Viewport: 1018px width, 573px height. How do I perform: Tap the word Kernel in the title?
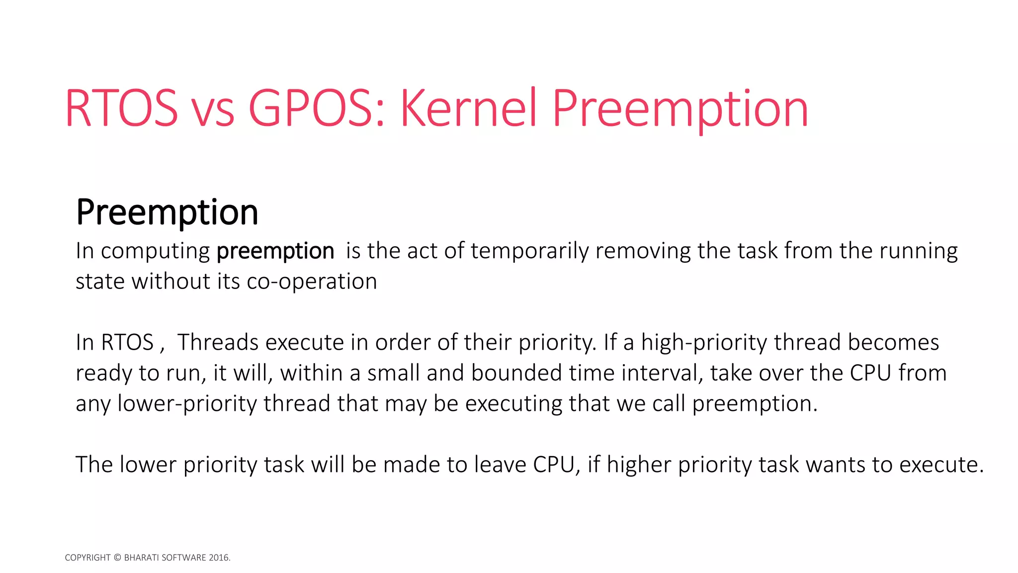[x=468, y=108]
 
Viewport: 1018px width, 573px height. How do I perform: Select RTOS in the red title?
[x=121, y=108]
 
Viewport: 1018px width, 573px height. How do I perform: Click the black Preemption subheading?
[x=167, y=212]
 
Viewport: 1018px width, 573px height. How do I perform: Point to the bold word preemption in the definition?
[x=275, y=251]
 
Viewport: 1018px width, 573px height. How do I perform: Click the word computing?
[x=155, y=251]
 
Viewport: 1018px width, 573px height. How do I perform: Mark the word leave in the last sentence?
[x=500, y=465]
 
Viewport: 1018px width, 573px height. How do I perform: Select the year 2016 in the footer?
[x=219, y=558]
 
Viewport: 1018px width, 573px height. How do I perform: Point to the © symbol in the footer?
[x=117, y=558]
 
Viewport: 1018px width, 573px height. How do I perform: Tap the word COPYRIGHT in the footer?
[x=87, y=558]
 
